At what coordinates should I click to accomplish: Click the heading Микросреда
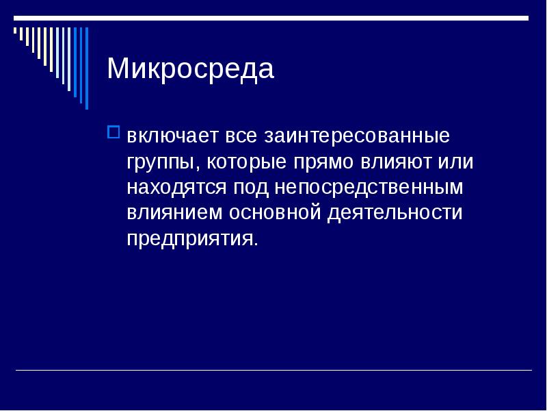point(190,70)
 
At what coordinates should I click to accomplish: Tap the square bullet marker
point(114,130)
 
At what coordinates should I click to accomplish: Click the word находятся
point(177,187)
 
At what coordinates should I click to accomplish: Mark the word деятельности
point(395,212)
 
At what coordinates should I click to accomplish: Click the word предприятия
point(191,238)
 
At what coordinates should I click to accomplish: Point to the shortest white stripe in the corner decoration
point(15,31)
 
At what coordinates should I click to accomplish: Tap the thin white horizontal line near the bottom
point(273,371)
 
